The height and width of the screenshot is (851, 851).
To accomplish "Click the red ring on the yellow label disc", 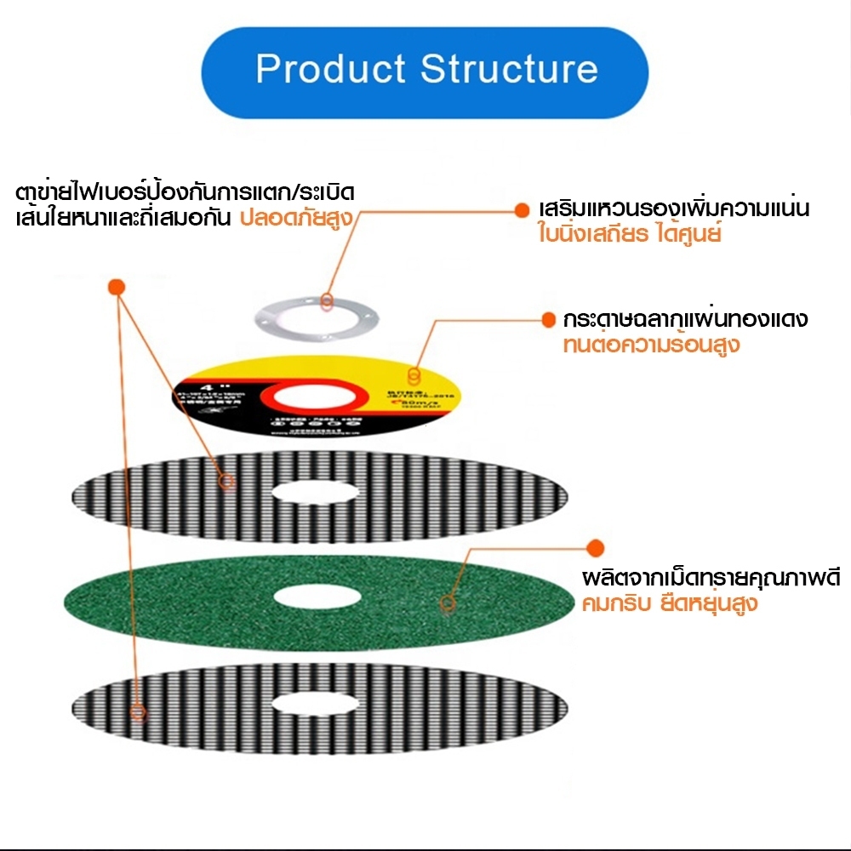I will tap(315, 399).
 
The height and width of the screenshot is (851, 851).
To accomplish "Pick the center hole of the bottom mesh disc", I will tap(317, 702).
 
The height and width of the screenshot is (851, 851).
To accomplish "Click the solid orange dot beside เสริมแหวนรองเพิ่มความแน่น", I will tap(522, 208).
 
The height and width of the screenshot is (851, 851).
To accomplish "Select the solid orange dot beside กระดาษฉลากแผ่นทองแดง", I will tap(549, 320).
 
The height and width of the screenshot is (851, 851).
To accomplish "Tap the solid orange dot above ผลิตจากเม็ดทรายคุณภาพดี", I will tap(596, 547).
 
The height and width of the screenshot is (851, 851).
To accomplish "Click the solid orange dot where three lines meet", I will tap(117, 287).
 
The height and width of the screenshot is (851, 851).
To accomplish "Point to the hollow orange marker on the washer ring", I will tap(327, 300).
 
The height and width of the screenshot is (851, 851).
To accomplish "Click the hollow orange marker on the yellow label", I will tap(414, 375).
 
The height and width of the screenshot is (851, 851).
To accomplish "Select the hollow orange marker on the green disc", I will tap(445, 606).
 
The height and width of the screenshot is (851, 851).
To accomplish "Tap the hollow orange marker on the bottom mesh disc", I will tap(139, 711).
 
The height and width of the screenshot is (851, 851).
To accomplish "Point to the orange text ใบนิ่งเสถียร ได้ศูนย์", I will tap(630, 233).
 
